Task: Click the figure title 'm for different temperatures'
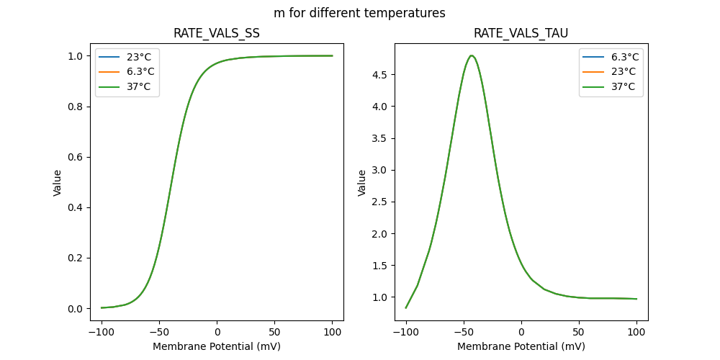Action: pyautogui.click(x=359, y=13)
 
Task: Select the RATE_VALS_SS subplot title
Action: pyautogui.click(x=217, y=33)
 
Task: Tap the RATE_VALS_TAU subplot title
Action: pyautogui.click(x=521, y=33)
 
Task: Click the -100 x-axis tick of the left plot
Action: pyautogui.click(x=102, y=333)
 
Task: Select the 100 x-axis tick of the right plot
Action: pyautogui.click(x=636, y=333)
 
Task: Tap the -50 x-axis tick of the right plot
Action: pyautogui.click(x=464, y=333)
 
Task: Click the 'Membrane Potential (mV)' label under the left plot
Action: pyautogui.click(x=217, y=346)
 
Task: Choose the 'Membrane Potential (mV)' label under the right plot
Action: pyautogui.click(x=521, y=346)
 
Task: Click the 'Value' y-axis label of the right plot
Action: pyautogui.click(x=362, y=182)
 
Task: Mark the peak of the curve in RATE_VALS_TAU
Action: pyautogui.click(x=471, y=55)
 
